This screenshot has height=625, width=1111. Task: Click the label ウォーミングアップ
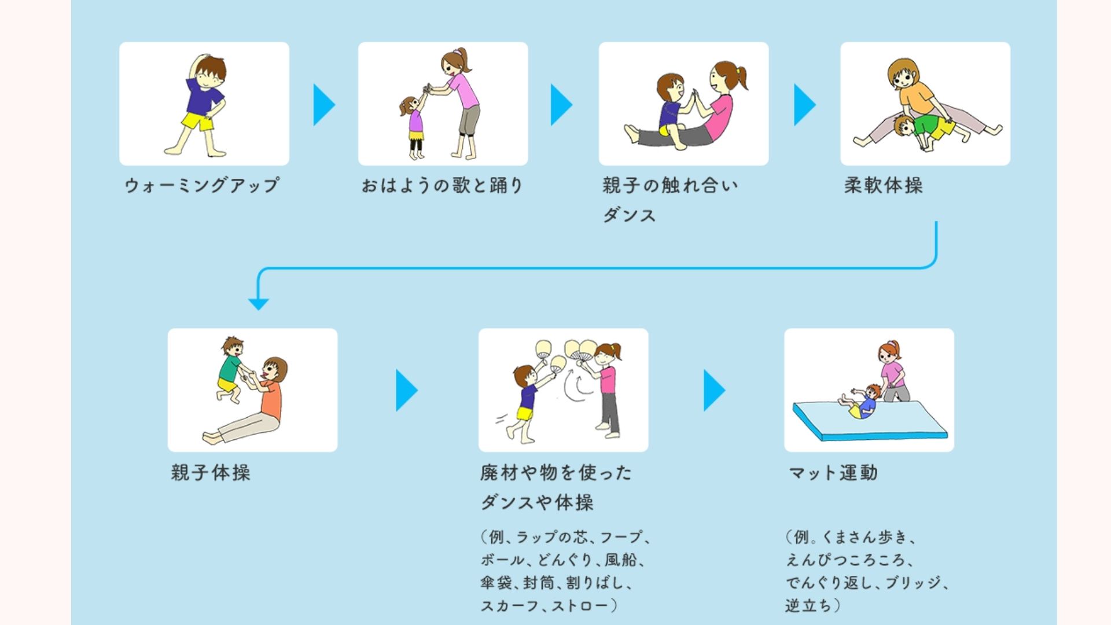pyautogui.click(x=202, y=185)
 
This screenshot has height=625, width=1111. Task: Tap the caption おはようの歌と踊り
pyautogui.click(x=442, y=185)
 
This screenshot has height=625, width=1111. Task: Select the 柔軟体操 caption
pyautogui.click(x=884, y=185)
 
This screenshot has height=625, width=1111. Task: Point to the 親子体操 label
pyautogui.click(x=211, y=472)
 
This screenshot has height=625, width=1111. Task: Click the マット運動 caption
pyautogui.click(x=833, y=472)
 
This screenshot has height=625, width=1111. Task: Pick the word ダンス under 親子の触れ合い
pyautogui.click(x=629, y=215)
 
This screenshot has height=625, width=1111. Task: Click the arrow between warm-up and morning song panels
pyautogui.click(x=324, y=105)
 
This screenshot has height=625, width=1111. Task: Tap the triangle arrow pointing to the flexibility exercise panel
pyautogui.click(x=805, y=105)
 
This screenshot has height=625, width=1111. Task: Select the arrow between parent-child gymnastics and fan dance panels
pyautogui.click(x=407, y=391)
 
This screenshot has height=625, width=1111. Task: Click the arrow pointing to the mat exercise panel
pyautogui.click(x=715, y=391)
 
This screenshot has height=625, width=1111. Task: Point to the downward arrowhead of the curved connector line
pyautogui.click(x=258, y=304)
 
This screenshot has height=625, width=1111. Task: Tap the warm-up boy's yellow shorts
pyautogui.click(x=198, y=122)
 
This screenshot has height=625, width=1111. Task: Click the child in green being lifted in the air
pyautogui.click(x=230, y=370)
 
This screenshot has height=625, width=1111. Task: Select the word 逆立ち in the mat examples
pyautogui.click(x=808, y=605)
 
